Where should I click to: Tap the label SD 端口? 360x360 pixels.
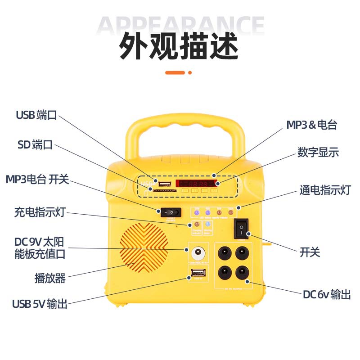35,145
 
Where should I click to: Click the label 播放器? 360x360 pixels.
50,278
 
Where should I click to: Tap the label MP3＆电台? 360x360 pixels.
312,125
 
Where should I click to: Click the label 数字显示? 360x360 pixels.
318,152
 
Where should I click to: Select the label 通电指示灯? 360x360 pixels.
324,190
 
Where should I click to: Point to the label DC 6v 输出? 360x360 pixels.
326,295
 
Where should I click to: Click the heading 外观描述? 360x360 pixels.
179,46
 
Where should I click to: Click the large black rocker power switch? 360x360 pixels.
241,229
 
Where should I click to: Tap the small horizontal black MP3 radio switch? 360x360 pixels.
171,211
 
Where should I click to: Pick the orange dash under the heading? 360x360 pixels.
175,72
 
